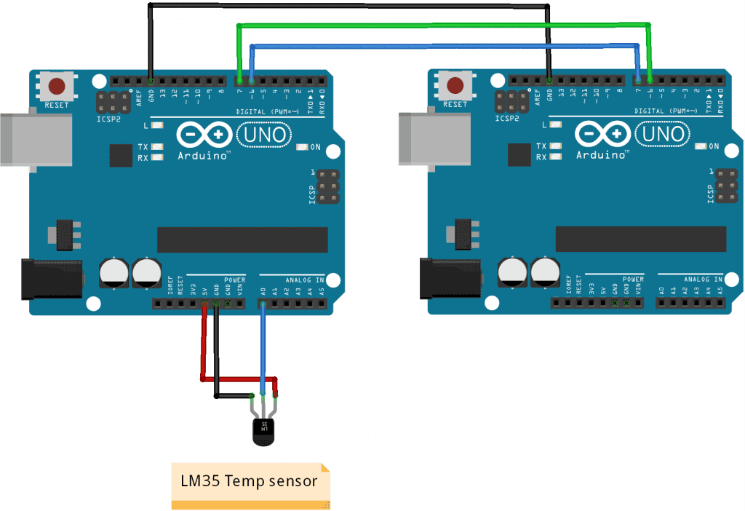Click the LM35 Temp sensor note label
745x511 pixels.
pos(249,481)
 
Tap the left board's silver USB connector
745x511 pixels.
pos(15,139)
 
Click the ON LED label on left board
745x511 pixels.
pos(316,146)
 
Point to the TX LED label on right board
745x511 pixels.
pos(541,146)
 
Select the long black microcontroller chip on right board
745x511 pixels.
pos(640,238)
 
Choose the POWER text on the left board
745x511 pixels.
pos(234,279)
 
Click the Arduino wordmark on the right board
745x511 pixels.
pos(601,155)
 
